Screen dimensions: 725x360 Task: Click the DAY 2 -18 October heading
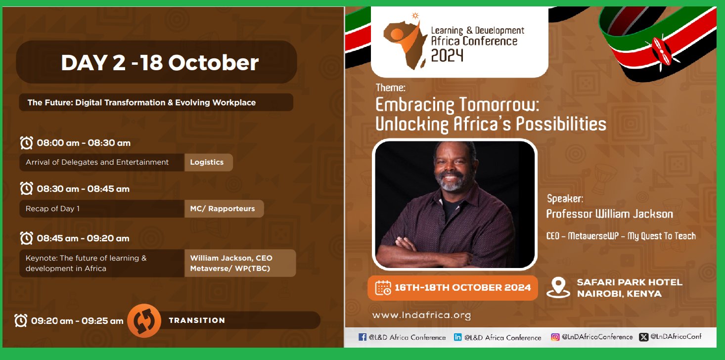point(160,62)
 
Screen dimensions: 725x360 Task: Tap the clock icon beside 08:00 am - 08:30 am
point(27,143)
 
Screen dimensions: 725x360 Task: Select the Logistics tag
point(207,162)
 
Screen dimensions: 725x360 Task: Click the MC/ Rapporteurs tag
point(223,209)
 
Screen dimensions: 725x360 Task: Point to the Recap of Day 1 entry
point(52,209)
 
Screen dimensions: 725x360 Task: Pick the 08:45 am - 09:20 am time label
point(83,238)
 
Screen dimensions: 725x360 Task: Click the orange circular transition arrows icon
point(144,320)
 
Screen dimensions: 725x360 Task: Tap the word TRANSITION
point(197,320)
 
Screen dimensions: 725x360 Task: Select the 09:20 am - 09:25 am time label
point(77,321)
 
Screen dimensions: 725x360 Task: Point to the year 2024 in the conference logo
point(447,55)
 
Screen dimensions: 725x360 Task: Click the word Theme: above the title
point(390,88)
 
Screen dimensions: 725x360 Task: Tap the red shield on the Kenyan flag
point(661,52)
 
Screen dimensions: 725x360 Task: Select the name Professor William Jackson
point(609,214)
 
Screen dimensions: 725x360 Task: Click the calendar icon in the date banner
point(383,288)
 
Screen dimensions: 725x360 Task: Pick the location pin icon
point(558,287)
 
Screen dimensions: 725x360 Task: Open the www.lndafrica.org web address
point(421,315)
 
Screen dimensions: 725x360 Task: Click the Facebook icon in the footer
point(362,337)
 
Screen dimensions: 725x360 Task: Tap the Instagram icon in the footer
point(555,337)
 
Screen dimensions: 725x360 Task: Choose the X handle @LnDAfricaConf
point(676,337)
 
